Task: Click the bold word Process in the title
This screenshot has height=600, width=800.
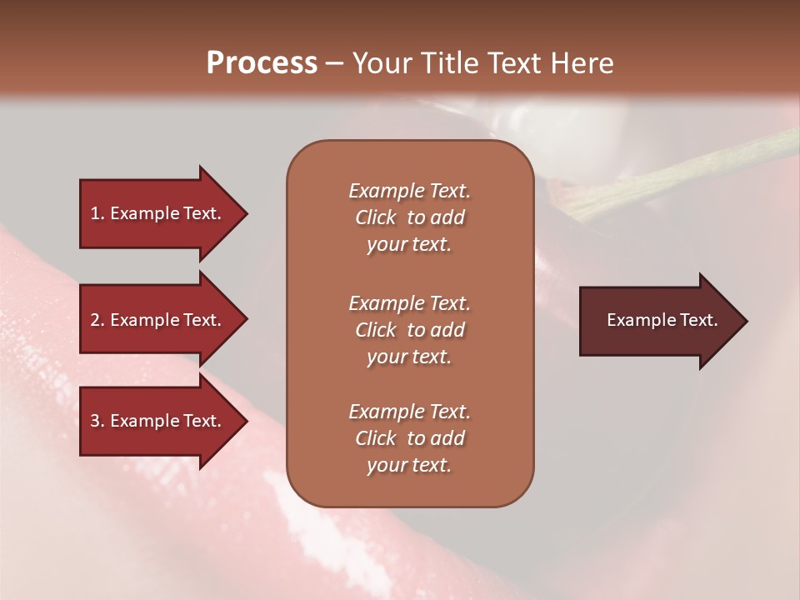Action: click(262, 63)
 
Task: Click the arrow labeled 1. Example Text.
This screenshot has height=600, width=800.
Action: click(158, 213)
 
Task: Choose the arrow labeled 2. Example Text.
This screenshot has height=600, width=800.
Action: click(158, 320)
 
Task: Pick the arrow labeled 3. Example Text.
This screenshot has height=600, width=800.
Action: click(158, 421)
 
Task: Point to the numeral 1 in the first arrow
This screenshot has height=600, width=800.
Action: click(95, 213)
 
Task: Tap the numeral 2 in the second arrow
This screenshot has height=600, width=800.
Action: click(95, 320)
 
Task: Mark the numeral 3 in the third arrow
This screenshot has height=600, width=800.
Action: click(95, 421)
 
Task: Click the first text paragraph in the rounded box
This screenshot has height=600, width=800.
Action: click(409, 217)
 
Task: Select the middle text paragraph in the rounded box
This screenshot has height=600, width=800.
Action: click(409, 329)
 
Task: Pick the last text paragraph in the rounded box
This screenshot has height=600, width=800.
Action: click(409, 438)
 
